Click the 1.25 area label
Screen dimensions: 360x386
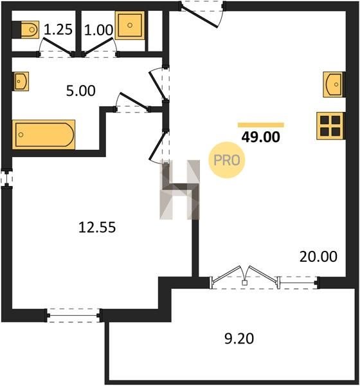pyautogui.click(x=59, y=30)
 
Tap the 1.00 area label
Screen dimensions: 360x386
pyautogui.click(x=98, y=30)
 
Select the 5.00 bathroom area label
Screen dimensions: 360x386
pyautogui.click(x=81, y=91)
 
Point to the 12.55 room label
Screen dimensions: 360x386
pyautogui.click(x=97, y=227)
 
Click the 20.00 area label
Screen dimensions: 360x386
pyautogui.click(x=318, y=257)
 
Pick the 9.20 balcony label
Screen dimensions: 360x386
pyautogui.click(x=239, y=338)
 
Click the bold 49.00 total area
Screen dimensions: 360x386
pyautogui.click(x=260, y=137)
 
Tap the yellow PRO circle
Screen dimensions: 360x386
pyautogui.click(x=227, y=160)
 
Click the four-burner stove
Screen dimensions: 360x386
pyautogui.click(x=330, y=126)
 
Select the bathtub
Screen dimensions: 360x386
pyautogui.click(x=44, y=134)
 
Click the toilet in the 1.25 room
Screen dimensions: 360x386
pyautogui.click(x=26, y=30)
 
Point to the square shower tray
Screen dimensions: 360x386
pyautogui.click(x=130, y=25)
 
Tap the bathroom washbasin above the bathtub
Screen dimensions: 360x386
pyautogui.click(x=21, y=81)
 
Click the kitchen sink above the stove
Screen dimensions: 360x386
pyautogui.click(x=334, y=84)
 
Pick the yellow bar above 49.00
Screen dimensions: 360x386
pyautogui.click(x=261, y=125)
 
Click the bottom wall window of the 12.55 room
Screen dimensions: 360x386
pyautogui.click(x=73, y=316)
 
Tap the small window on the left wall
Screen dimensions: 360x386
pyautogui.click(x=6, y=178)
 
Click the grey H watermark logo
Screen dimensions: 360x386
pyautogui.click(x=179, y=190)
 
